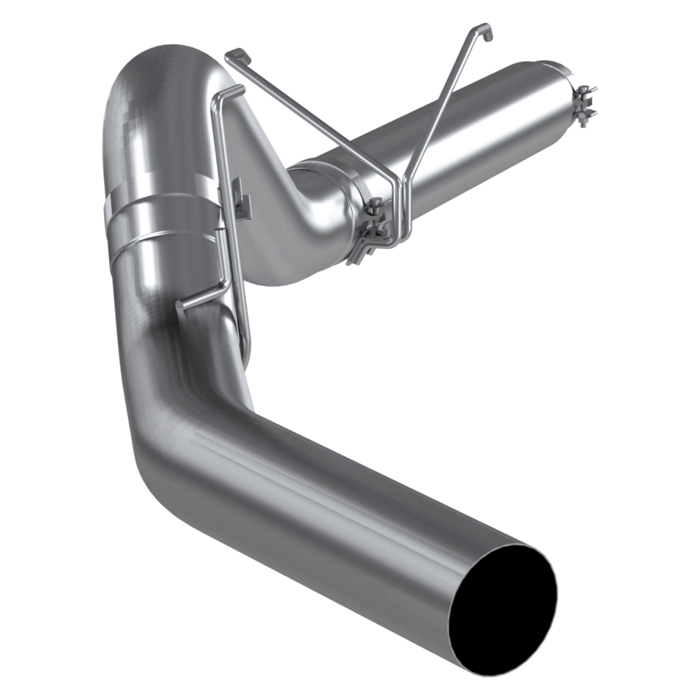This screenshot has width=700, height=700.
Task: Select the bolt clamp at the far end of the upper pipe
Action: pyautogui.click(x=584, y=105)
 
